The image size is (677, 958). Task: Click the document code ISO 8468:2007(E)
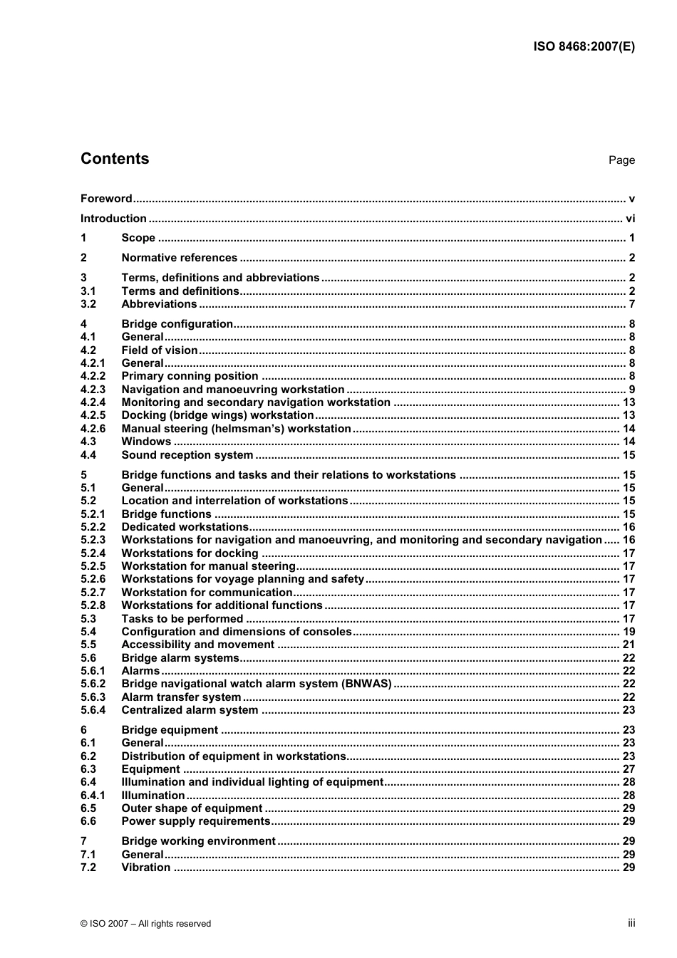click(x=584, y=47)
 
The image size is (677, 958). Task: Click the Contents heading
click(x=115, y=159)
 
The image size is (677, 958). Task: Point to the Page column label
click(x=621, y=160)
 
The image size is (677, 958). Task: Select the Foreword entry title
click(x=106, y=199)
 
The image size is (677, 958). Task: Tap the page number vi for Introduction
click(x=630, y=219)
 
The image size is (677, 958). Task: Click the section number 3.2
click(x=88, y=304)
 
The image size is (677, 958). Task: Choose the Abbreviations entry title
click(x=159, y=304)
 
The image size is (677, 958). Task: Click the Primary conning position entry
click(x=190, y=376)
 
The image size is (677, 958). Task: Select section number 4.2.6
click(x=93, y=429)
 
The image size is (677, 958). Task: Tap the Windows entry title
click(x=146, y=442)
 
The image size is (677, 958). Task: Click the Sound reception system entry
click(x=187, y=455)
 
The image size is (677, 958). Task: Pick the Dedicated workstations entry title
click(x=185, y=527)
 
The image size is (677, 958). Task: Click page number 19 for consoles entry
click(x=629, y=632)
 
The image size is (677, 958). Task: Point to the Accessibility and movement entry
click(x=197, y=645)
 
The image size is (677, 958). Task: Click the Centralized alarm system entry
click(x=190, y=710)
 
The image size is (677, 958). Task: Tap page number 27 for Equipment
click(x=629, y=769)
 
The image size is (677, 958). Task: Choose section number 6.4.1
click(x=93, y=796)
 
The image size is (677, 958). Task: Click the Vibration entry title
click(x=146, y=868)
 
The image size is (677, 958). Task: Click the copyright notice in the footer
click(x=145, y=924)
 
